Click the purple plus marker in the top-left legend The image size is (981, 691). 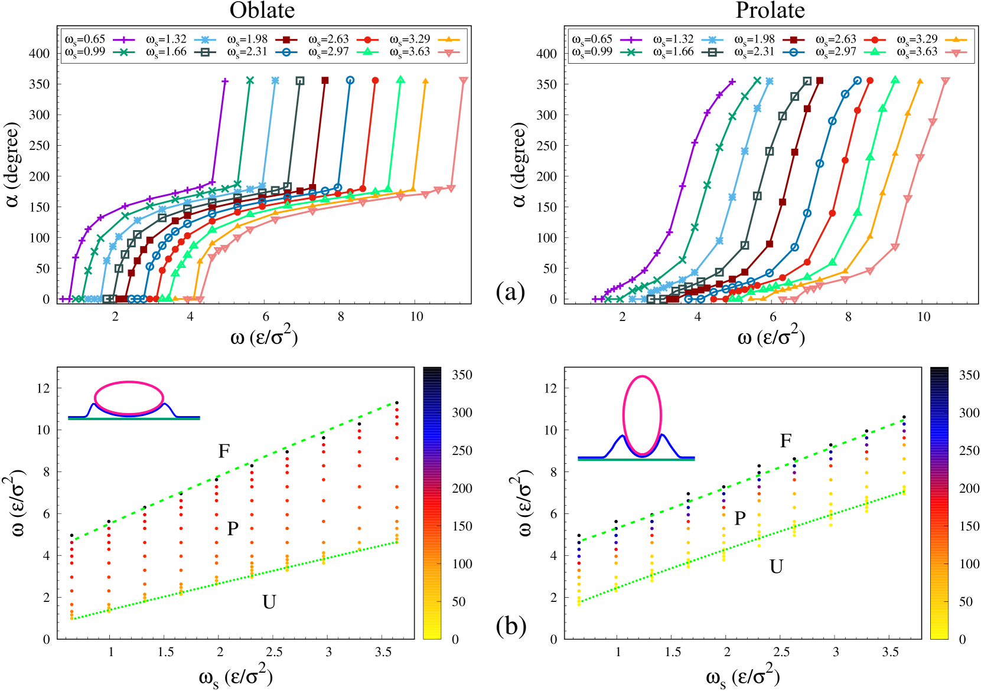124,40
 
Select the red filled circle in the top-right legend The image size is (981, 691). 875,40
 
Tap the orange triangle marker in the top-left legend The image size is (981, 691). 449,40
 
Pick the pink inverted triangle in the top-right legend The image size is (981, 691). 956,53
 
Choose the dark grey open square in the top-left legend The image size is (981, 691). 205,52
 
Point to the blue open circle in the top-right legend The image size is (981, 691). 793,52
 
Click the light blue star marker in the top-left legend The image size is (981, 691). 205,40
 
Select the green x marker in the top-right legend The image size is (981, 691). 631,52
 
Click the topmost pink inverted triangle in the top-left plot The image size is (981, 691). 464,80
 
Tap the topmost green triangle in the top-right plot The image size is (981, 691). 895,79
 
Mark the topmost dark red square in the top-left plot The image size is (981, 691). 325,80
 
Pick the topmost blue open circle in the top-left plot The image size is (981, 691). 350,80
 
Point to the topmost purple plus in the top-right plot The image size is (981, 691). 732,81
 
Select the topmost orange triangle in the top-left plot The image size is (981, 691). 425,80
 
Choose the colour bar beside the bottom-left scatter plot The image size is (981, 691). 432,505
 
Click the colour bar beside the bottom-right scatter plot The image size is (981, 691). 939,505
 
